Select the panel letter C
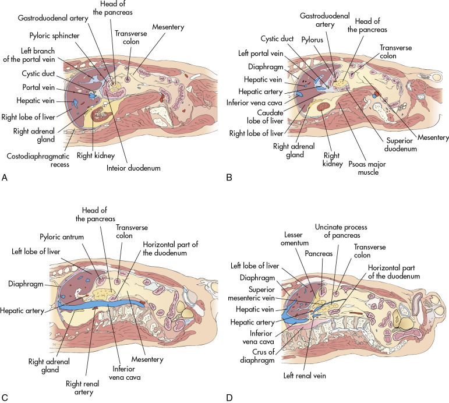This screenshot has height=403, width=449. coord(5,398)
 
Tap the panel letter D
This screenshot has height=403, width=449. coord(231,398)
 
